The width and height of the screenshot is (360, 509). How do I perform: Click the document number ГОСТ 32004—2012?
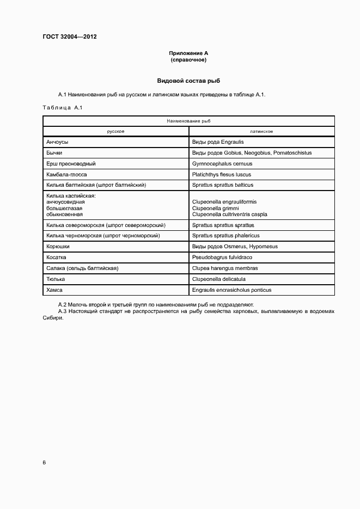click(x=70, y=37)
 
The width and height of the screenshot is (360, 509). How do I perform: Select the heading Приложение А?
click(x=188, y=53)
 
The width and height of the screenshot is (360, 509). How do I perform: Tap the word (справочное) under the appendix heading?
click(x=188, y=59)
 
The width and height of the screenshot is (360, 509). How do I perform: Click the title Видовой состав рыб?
click(x=188, y=80)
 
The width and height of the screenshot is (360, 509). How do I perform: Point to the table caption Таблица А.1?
click(x=62, y=107)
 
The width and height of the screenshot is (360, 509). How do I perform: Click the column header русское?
click(x=116, y=131)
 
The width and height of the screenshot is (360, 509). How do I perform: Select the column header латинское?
click(x=261, y=131)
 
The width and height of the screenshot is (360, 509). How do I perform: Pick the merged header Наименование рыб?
click(x=188, y=121)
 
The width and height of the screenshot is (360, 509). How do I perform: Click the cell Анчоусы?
click(x=58, y=142)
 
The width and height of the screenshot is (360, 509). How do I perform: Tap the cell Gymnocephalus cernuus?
click(x=222, y=163)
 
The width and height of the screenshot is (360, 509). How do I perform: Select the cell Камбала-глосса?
click(x=67, y=174)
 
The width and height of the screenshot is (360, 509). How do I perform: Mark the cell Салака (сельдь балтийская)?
click(x=83, y=268)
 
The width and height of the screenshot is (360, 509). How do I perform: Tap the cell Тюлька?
click(x=56, y=279)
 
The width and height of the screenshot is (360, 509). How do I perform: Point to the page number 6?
click(x=44, y=463)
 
